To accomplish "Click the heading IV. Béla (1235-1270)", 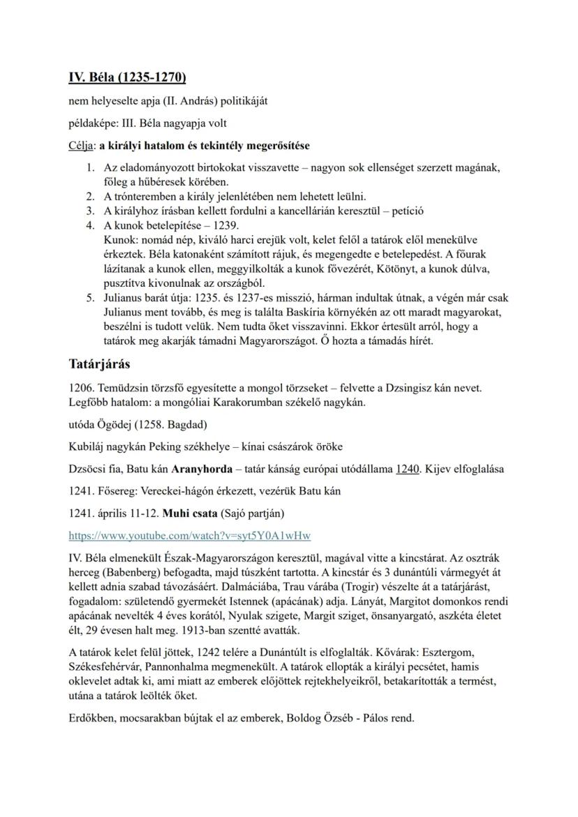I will [x=127, y=77].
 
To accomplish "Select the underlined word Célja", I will [x=81, y=146].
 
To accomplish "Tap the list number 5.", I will [x=90, y=298].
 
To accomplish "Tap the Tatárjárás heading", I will [x=100, y=364].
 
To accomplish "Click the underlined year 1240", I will [x=407, y=469].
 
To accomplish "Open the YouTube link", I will [x=189, y=536].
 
